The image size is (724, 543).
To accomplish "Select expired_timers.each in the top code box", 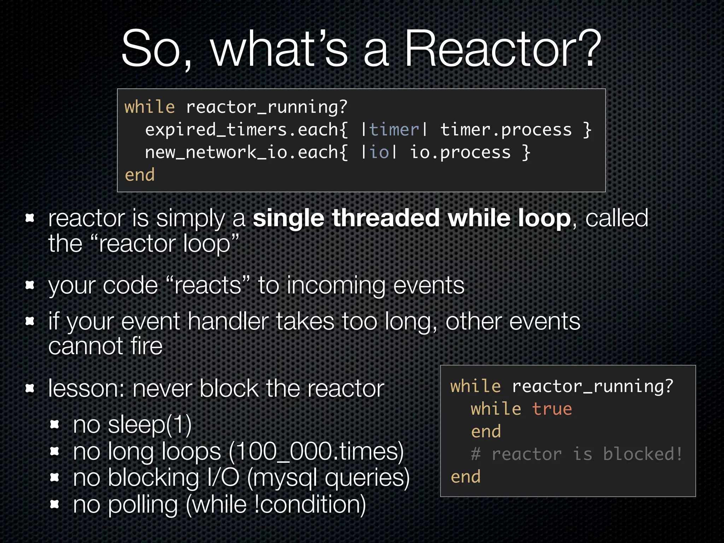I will [242, 130].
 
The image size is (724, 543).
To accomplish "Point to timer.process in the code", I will [506, 130].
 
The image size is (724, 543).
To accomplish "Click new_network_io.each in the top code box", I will [242, 152].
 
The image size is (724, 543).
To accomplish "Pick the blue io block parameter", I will [379, 152].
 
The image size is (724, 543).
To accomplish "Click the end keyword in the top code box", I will [140, 175].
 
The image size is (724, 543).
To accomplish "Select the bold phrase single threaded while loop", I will [412, 218].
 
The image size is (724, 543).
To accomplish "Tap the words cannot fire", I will [105, 346].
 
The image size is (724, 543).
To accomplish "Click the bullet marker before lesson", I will [30, 389].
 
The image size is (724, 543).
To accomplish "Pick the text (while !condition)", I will [276, 504].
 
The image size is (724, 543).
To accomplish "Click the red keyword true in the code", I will [552, 409].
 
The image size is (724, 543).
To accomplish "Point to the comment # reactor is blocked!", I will [577, 454].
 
